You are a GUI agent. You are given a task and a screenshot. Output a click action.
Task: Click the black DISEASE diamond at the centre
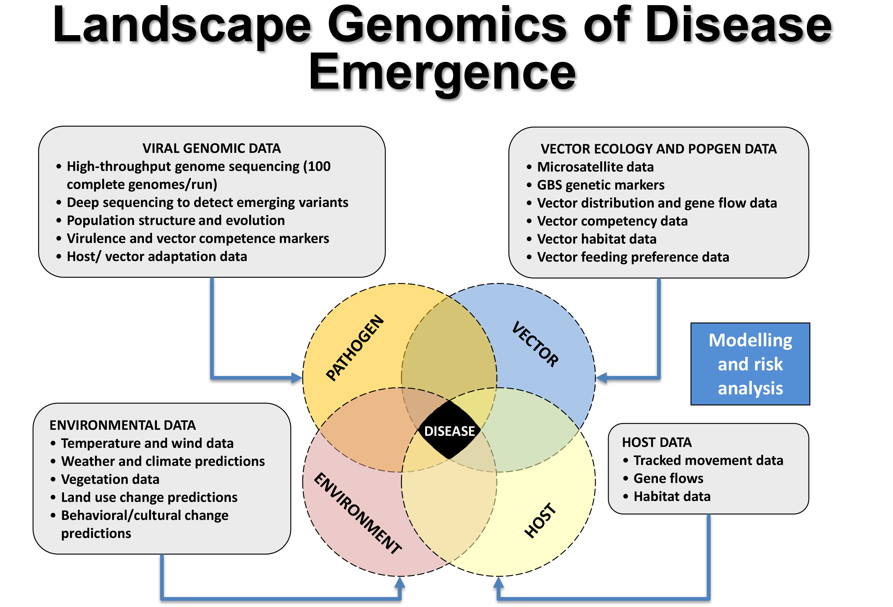[449, 430]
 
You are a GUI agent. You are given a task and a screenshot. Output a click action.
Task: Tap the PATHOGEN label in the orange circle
[355, 348]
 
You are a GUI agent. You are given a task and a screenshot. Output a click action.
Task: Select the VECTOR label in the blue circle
[535, 344]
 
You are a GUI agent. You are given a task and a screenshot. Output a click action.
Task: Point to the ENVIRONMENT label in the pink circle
[358, 513]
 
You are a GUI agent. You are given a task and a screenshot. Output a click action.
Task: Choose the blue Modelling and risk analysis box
[750, 364]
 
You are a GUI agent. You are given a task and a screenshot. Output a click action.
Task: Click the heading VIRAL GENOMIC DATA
[211, 148]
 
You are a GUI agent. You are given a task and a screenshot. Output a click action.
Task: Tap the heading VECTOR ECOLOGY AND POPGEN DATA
[658, 149]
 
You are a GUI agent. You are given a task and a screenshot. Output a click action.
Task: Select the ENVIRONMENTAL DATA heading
[123, 425]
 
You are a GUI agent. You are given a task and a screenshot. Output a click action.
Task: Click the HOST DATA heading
[656, 442]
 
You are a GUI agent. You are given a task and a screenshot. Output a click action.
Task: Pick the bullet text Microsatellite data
[595, 167]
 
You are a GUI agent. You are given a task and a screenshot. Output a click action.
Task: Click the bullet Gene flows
[668, 478]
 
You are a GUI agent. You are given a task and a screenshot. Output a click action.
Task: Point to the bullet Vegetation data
[110, 479]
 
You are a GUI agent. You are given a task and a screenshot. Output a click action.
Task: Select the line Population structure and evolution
[176, 220]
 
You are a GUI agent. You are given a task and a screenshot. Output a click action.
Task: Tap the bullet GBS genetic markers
[600, 185]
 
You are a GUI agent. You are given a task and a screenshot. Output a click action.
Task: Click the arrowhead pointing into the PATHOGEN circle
[297, 378]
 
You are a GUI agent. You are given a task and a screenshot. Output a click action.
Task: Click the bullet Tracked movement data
[708, 460]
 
